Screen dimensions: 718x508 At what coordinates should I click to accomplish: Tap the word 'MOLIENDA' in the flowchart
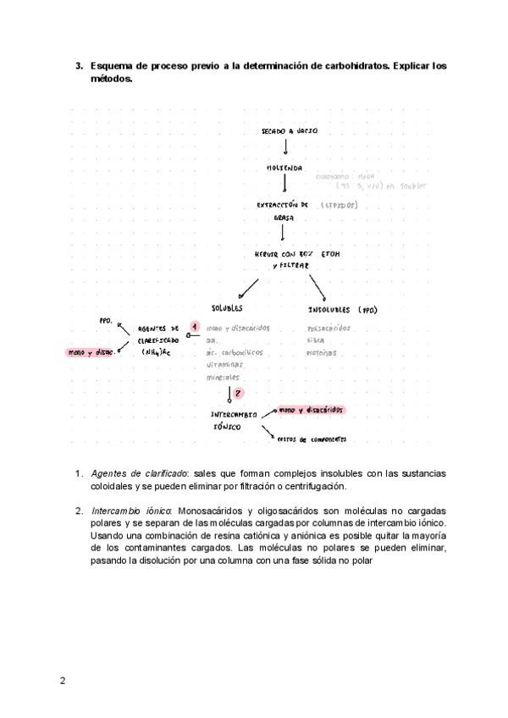pyautogui.click(x=284, y=168)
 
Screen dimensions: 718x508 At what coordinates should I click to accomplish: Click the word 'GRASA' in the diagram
pyautogui.click(x=282, y=218)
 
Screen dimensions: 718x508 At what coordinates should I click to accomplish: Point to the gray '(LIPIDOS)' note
pyautogui.click(x=340, y=205)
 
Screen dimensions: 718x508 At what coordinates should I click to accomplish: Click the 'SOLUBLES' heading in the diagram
pyautogui.click(x=227, y=308)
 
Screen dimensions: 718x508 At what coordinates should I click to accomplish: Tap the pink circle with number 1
pyautogui.click(x=194, y=326)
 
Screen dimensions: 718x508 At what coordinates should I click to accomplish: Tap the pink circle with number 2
pyautogui.click(x=238, y=393)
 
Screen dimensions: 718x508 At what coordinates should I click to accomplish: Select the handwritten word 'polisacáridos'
pyautogui.click(x=329, y=327)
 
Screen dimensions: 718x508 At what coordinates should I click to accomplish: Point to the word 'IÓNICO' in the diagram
pyautogui.click(x=227, y=428)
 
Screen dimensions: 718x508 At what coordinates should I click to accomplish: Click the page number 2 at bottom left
pyautogui.click(x=63, y=681)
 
